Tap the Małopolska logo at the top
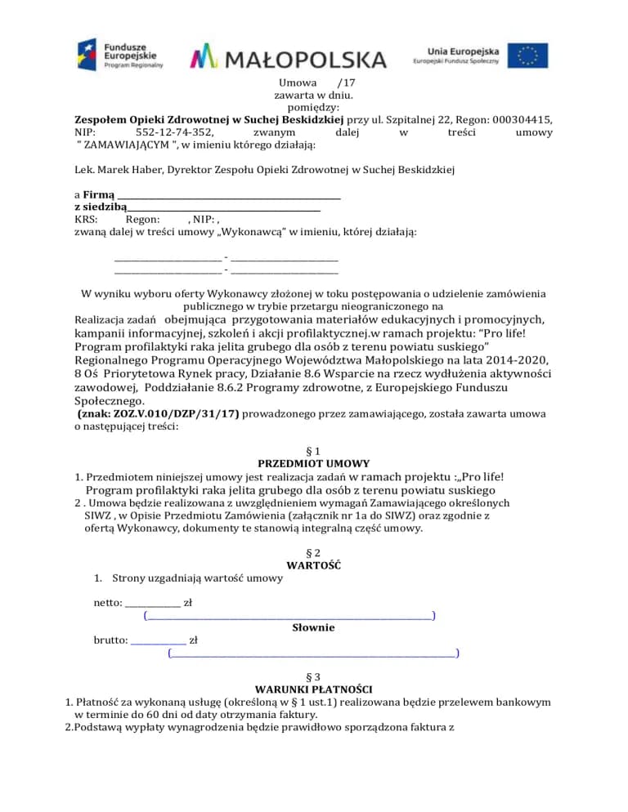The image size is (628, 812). [288, 58]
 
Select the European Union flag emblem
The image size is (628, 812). [527, 56]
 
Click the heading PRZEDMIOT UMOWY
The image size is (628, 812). [313, 463]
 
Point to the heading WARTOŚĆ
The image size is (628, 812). [313, 565]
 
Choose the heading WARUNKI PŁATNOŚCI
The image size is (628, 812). [313, 689]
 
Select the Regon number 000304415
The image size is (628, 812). [522, 118]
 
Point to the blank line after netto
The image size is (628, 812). [153, 604]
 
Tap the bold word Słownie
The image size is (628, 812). [313, 628]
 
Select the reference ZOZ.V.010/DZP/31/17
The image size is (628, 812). [173, 414]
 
